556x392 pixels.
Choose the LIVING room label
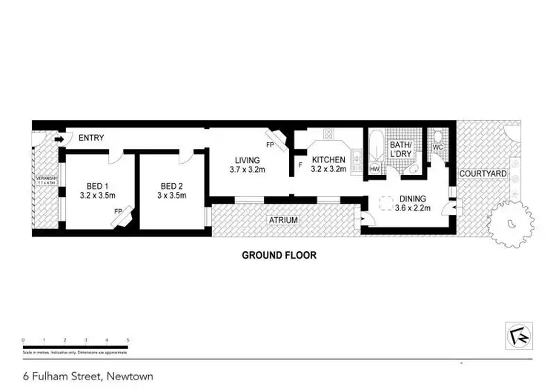[x=248, y=160]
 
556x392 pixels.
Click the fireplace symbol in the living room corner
[x=274, y=139]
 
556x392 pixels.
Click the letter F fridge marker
[x=300, y=165]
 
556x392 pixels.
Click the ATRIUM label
[x=282, y=220]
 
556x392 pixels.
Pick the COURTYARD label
[x=482, y=173]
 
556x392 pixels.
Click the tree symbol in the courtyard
[x=511, y=222]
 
